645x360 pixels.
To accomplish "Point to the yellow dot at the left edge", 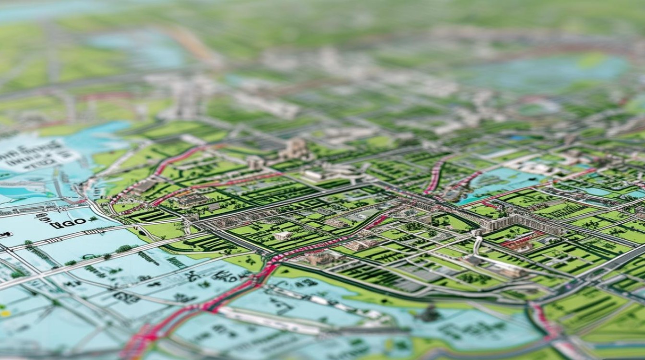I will click(5, 313).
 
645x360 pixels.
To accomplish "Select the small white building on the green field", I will click(283, 236).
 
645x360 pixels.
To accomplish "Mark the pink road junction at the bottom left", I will click(144, 336).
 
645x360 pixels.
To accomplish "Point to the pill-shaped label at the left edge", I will click(5, 235).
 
